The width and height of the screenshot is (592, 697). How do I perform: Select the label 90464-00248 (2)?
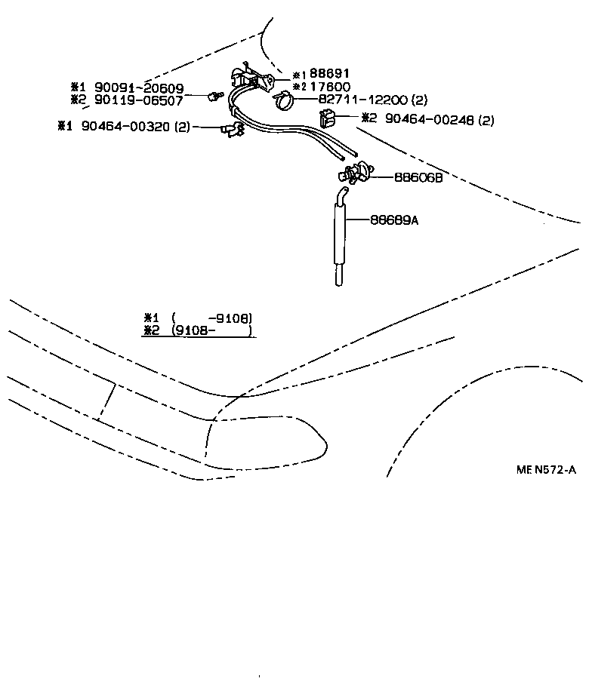pos(439,118)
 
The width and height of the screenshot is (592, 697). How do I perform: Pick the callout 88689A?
pos(396,220)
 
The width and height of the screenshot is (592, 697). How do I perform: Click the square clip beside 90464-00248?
pos(328,118)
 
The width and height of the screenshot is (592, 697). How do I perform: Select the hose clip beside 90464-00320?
pos(230,130)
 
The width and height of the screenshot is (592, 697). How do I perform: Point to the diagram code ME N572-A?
pos(547,469)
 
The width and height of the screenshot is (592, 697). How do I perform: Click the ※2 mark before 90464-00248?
pos(368,118)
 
